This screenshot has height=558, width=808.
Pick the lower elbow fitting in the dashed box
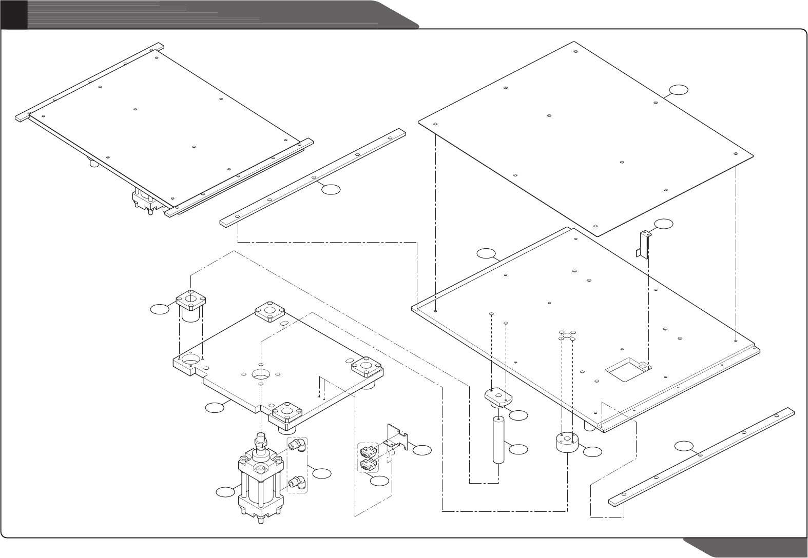click(297, 482)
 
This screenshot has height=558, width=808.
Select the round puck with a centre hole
click(567, 442)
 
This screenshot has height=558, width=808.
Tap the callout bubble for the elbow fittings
click(322, 473)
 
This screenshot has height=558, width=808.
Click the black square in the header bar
click(13, 14)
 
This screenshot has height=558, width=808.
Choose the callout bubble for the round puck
click(593, 451)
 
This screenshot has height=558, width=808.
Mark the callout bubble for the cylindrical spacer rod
click(518, 449)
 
